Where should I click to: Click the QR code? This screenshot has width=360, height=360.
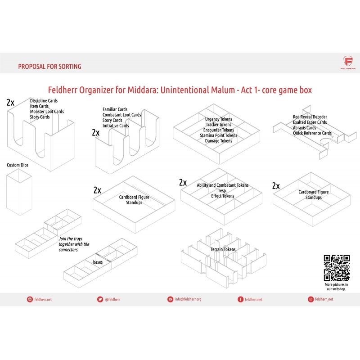(x=337, y=268)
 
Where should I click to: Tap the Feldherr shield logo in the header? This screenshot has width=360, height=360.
(x=348, y=61)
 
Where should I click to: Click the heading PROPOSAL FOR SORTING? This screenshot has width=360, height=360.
(x=49, y=67)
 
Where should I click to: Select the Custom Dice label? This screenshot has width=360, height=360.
(x=18, y=165)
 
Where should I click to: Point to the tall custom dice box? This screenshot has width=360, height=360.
(x=19, y=192)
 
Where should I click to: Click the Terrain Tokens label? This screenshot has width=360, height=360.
(x=223, y=249)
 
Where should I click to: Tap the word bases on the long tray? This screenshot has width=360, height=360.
(x=98, y=262)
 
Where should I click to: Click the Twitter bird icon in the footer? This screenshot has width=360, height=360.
(x=100, y=299)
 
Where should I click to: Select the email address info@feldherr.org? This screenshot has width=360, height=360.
(x=188, y=299)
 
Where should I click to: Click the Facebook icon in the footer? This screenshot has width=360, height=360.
(x=240, y=299)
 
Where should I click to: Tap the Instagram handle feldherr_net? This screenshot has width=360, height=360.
(x=324, y=299)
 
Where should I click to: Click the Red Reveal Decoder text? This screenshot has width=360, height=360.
(x=310, y=117)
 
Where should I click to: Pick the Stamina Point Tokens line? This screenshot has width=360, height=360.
(x=219, y=135)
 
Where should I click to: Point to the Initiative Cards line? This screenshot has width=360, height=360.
(x=116, y=126)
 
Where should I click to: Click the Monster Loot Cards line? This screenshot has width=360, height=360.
(x=47, y=111)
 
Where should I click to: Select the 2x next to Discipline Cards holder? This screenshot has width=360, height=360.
(x=10, y=103)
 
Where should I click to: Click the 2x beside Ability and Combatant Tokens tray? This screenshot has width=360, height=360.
(x=183, y=183)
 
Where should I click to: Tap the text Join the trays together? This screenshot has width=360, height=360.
(x=74, y=242)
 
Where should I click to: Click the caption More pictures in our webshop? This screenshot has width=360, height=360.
(x=336, y=287)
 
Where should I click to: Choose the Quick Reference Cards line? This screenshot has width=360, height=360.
(x=312, y=133)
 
